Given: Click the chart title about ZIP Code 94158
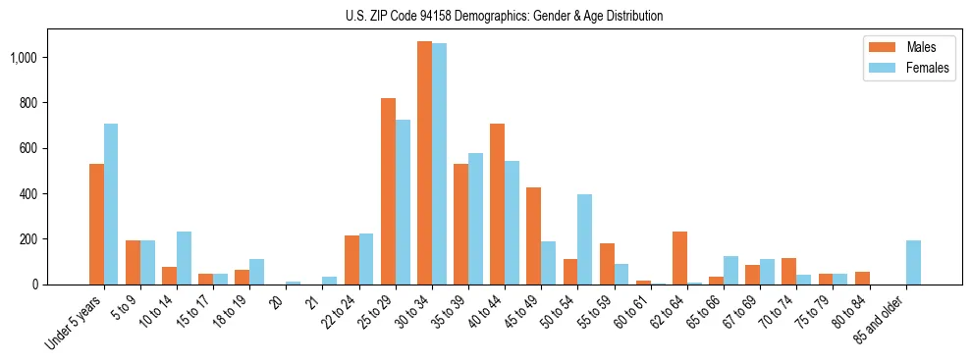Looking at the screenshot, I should coord(504,16).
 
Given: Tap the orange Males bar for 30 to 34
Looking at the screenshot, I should coord(424,163).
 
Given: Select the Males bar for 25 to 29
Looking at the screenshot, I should coord(388,191).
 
